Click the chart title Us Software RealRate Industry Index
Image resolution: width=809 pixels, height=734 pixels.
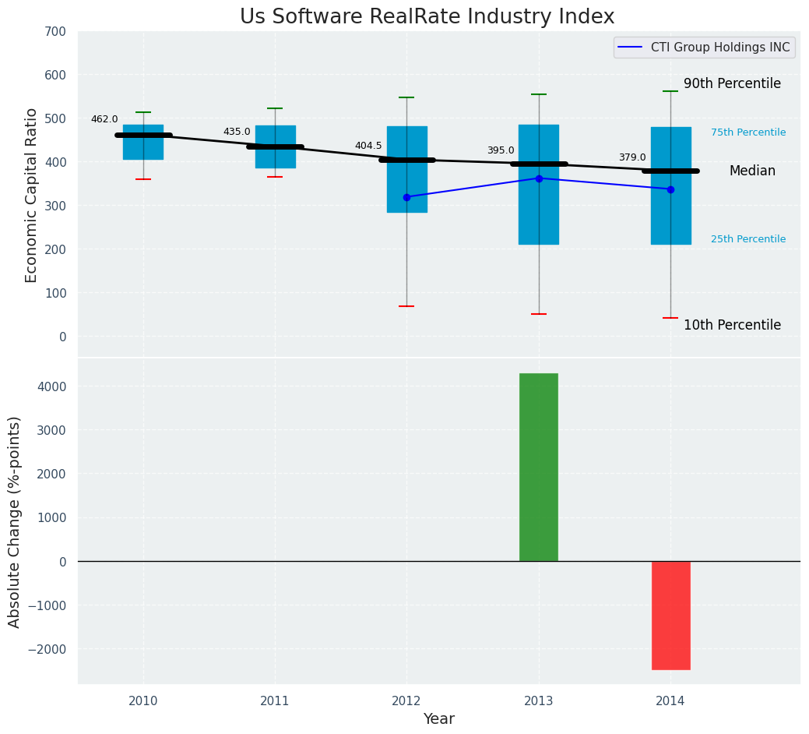click(x=427, y=17)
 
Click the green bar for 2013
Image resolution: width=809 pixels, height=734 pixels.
click(x=539, y=467)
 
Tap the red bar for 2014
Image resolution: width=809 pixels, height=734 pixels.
click(x=670, y=615)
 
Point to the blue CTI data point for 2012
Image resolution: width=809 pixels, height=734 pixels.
click(x=406, y=197)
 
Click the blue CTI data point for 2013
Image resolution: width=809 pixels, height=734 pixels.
click(x=539, y=178)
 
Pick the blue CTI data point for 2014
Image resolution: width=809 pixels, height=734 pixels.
click(x=670, y=189)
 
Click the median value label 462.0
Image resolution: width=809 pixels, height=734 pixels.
click(x=104, y=119)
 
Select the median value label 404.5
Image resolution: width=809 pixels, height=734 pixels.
click(x=368, y=146)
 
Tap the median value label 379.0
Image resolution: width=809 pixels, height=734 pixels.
click(x=632, y=157)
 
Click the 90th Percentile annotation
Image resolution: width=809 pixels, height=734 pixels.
click(x=732, y=83)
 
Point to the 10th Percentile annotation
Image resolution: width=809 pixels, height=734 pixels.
click(x=732, y=325)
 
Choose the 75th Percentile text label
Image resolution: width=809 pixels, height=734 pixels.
click(x=748, y=132)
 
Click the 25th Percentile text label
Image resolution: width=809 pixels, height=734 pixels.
click(x=748, y=239)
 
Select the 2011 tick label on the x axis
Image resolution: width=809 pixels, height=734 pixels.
click(x=275, y=701)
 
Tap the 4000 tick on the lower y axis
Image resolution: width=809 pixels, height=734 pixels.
click(x=51, y=386)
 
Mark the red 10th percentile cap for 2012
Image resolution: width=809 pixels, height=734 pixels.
click(x=406, y=306)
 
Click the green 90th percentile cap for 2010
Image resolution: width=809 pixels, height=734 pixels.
click(x=143, y=112)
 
